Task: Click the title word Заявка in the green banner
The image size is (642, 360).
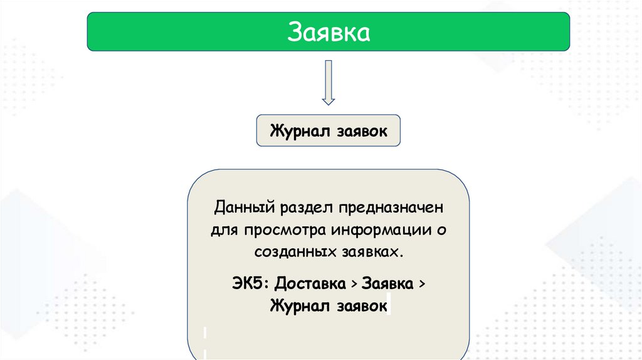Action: (x=328, y=32)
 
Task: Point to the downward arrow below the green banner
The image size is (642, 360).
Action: (x=328, y=82)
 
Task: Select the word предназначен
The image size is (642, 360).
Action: (x=388, y=207)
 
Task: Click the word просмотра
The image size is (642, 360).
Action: (x=286, y=230)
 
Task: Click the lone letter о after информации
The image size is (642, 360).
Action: (x=441, y=230)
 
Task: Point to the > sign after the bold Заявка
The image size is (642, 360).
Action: (x=421, y=283)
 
